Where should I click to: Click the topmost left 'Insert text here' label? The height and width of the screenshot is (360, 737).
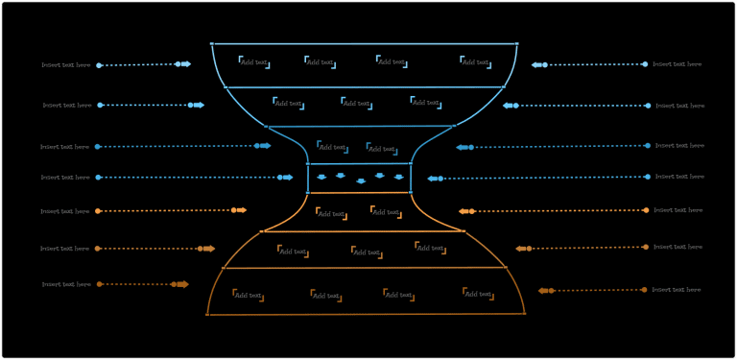[x=65, y=65]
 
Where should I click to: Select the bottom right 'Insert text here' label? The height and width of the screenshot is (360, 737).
[x=677, y=289]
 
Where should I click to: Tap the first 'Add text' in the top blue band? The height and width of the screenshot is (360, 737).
[x=254, y=62]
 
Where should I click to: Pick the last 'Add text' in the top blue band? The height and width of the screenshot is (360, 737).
[x=475, y=61]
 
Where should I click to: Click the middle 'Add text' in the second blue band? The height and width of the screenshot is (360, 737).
[x=357, y=103]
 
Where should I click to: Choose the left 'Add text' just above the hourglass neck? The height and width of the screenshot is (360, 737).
[x=332, y=147]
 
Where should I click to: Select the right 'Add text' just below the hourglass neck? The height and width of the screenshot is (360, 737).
[x=387, y=212]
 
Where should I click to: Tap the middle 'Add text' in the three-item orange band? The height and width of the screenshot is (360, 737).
[x=367, y=252]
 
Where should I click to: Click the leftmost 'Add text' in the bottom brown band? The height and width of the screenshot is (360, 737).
[x=248, y=296]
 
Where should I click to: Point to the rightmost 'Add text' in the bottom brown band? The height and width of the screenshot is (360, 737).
[x=478, y=294]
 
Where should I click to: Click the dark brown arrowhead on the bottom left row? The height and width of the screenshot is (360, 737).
[x=182, y=284]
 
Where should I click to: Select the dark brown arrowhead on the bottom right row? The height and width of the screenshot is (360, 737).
[x=544, y=290]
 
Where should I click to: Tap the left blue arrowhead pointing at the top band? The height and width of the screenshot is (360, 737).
[x=185, y=64]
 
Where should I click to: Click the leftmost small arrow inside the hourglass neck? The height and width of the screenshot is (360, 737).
[x=321, y=177]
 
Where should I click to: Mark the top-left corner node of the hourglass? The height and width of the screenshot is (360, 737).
[x=212, y=43]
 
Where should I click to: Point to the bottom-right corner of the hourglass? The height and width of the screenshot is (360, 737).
[x=524, y=313]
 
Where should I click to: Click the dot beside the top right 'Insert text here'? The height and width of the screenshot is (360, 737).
[x=645, y=64]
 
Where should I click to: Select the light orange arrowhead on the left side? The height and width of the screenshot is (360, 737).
[x=241, y=210]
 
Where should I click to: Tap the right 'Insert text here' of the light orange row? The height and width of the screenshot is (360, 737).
[x=678, y=210]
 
